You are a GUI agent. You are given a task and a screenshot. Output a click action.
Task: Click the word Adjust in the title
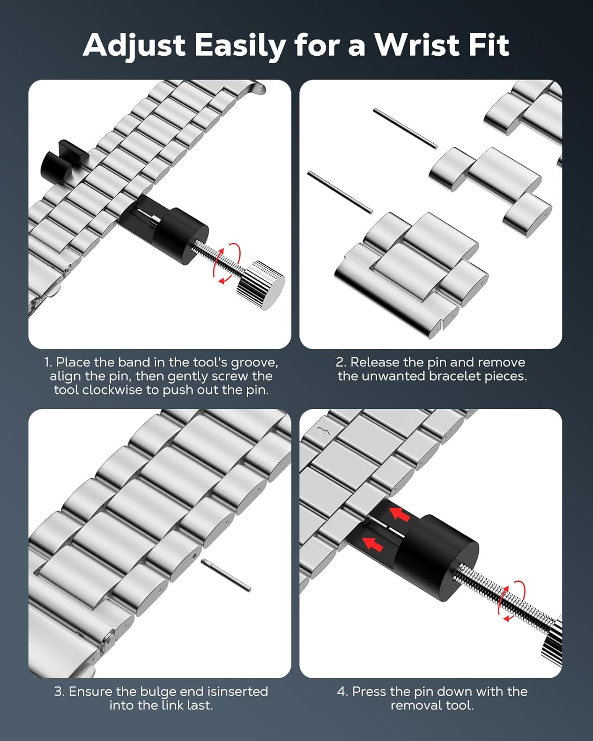click(x=134, y=46)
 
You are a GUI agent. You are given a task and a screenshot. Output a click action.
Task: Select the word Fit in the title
click(x=486, y=45)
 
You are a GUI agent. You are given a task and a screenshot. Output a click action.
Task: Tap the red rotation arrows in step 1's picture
click(x=226, y=263)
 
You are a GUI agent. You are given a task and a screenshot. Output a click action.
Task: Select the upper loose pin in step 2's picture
click(x=405, y=128)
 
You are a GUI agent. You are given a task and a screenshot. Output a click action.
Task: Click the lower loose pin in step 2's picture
click(x=340, y=192)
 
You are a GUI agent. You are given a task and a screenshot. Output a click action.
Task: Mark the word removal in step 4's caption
click(x=415, y=705)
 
